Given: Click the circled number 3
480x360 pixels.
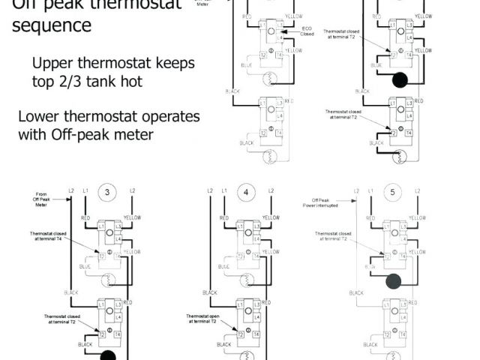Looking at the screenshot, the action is pos(107,193).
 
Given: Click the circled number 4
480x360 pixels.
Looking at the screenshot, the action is pos(247,193).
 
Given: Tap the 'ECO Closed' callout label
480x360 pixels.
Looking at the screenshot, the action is pos(307,32).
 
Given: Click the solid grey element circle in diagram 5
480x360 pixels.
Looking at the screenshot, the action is pos(393,281).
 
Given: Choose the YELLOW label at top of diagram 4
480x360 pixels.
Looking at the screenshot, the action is pos(271,217).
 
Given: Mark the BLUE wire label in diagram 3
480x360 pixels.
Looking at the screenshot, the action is pos(86,265).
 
